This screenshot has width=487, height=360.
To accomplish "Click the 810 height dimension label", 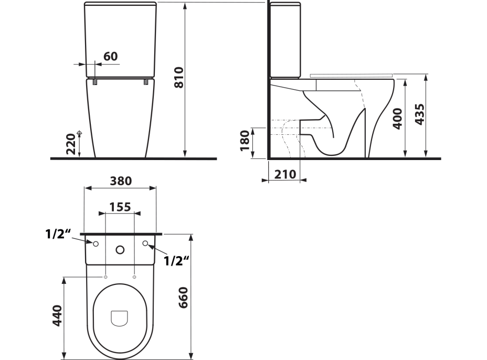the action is click(179, 78).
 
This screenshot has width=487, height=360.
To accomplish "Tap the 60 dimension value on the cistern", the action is click(111, 57).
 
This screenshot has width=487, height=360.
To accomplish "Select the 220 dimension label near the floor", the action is click(71, 144).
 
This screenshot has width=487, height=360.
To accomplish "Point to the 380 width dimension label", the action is click(121, 181).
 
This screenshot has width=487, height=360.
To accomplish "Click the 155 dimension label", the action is click(120, 207).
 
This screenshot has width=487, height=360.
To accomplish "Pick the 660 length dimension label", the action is click(183, 298).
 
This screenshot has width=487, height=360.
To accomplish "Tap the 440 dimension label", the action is click(58, 315).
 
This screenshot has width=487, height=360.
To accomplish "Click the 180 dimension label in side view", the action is click(245, 141).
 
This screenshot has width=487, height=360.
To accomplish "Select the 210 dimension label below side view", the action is click(285, 175).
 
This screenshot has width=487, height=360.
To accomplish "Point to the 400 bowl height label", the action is click(397, 119).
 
